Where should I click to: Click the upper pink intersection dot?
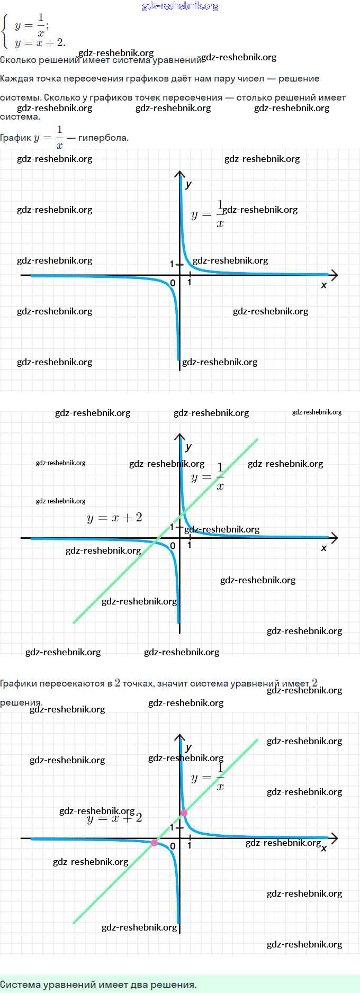[184, 813]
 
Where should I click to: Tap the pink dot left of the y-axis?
[154, 842]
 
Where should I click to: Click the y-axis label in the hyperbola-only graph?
[188, 185]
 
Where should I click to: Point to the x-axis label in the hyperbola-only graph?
[324, 285]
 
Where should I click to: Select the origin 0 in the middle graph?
[173, 546]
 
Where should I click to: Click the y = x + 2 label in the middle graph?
[114, 518]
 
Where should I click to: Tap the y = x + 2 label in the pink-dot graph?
[114, 818]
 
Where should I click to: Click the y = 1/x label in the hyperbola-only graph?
[208, 214]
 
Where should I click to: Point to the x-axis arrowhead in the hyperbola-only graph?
[334, 275]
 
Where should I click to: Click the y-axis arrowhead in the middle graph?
[180, 437]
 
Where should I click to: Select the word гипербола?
[103, 138]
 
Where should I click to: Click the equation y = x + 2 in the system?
[40, 43]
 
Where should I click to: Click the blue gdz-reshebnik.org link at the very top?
[180, 6]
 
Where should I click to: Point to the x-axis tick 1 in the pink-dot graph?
[190, 845]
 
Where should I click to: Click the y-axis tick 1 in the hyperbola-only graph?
[172, 264]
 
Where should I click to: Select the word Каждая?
[16, 78]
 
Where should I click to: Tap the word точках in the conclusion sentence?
[138, 683]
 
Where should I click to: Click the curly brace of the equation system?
[5, 32]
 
